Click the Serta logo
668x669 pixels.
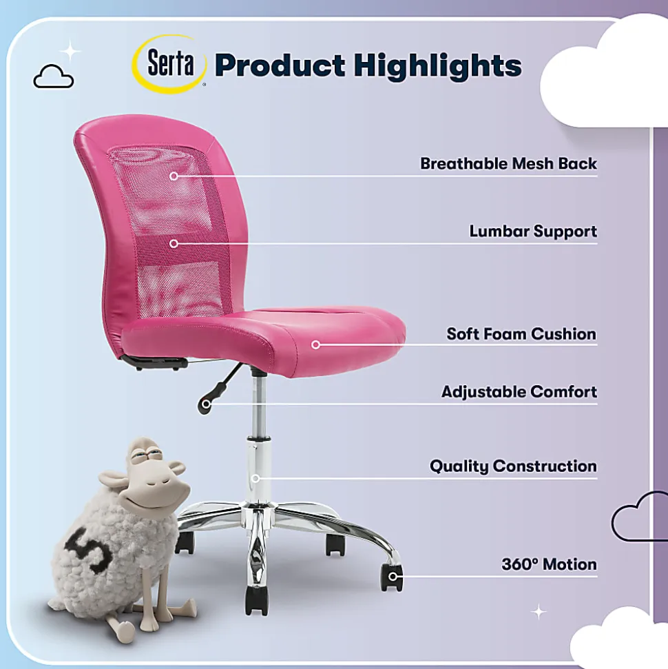170,64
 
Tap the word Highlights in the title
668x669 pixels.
438,66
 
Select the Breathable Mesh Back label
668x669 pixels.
508,163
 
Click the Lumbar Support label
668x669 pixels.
533,231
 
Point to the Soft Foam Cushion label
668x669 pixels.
521,333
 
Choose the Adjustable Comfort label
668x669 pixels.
519,391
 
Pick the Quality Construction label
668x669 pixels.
513,466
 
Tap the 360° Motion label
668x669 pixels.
549,564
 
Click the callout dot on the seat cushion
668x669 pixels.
315,344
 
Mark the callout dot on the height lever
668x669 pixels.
206,404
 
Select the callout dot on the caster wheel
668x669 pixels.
393,577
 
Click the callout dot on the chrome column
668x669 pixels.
255,478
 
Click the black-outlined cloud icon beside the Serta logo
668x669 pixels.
53,76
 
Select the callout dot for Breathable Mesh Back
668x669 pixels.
174,176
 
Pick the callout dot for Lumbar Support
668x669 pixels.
174,244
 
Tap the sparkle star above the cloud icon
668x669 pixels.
70,52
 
